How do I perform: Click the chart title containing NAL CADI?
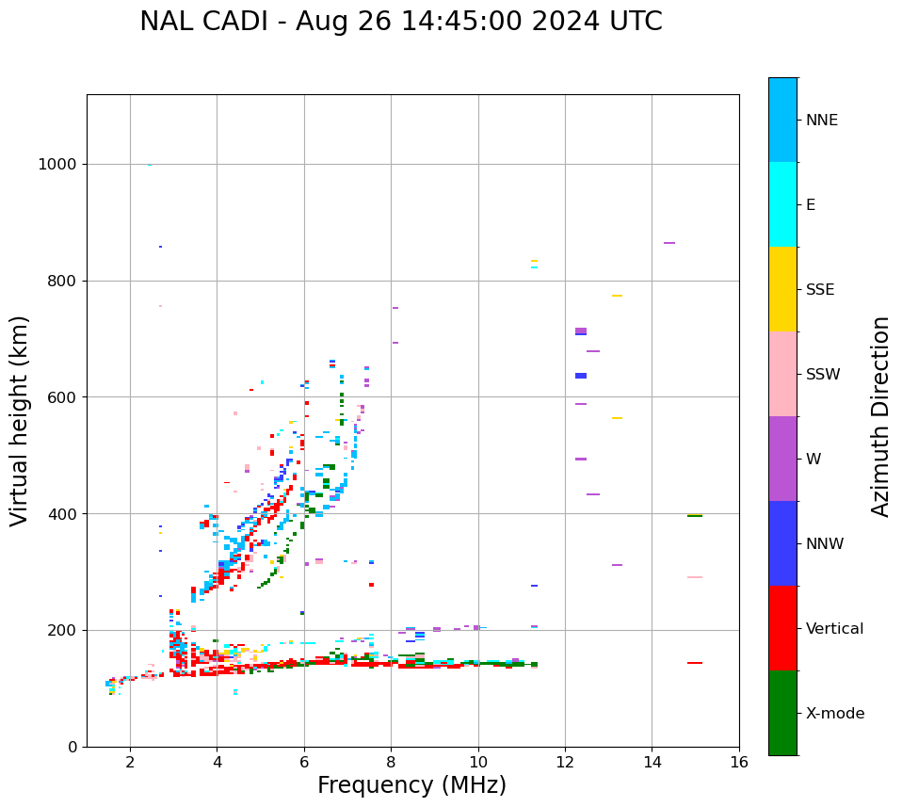point(401,22)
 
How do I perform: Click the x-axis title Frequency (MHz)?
point(411,785)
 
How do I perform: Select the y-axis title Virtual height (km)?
point(20,421)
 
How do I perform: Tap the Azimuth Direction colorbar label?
point(880,416)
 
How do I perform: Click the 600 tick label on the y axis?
point(62,397)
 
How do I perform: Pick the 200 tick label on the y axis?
point(62,630)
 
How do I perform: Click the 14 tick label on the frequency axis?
point(652,762)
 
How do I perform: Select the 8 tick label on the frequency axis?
point(391,762)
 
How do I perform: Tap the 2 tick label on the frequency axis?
point(130,762)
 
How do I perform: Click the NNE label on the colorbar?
point(821,121)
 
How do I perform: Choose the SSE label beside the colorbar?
point(819,290)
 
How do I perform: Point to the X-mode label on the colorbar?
point(834,714)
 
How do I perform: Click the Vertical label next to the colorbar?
point(834,629)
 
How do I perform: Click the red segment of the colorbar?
point(782,628)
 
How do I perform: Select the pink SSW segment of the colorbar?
point(782,374)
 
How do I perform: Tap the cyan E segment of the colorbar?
point(782,204)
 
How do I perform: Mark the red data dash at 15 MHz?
point(695,663)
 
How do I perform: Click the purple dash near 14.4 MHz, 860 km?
point(669,243)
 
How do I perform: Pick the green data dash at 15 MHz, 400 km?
point(695,516)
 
